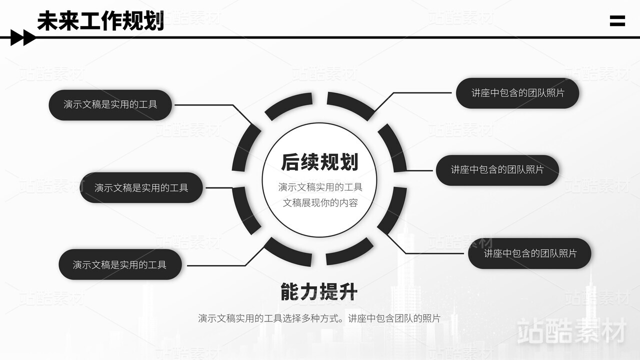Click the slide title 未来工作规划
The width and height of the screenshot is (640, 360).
coord(100,21)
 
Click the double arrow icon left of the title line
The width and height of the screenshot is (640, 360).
coord(23,37)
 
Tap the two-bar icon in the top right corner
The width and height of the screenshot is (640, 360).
coord(617,21)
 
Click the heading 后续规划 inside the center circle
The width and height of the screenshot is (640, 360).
coord(319,162)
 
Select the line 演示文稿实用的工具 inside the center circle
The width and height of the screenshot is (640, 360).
coord(320,187)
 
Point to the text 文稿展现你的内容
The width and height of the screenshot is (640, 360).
coord(320,203)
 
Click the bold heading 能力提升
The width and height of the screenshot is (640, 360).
coord(319,292)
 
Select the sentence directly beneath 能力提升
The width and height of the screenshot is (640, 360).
coord(319,318)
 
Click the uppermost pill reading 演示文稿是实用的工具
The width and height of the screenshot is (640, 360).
coord(110,104)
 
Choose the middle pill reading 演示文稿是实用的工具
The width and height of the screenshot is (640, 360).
coord(141,187)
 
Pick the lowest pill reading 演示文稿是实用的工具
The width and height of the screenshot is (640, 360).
coord(120,264)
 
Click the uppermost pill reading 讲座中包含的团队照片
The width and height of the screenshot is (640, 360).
coord(517,93)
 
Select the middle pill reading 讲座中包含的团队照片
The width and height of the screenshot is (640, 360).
coord(497,170)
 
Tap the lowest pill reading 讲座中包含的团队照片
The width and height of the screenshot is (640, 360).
coord(530,253)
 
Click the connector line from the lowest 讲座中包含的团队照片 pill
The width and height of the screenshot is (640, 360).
coord(430,253)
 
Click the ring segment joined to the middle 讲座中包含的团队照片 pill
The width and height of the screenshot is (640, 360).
coord(392,148)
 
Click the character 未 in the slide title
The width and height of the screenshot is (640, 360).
coord(47,21)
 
